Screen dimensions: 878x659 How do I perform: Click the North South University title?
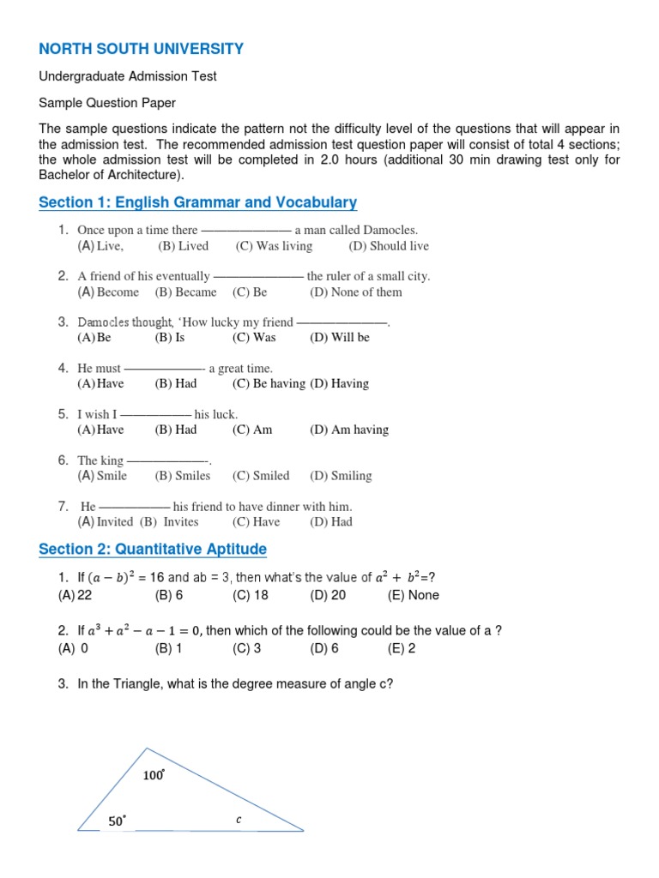pyautogui.click(x=142, y=49)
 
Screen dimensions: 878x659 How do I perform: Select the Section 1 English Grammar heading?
pyautogui.click(x=198, y=202)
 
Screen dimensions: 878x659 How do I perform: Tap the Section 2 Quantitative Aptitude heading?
pyautogui.click(x=153, y=549)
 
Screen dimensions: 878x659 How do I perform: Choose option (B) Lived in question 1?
pyautogui.click(x=183, y=246)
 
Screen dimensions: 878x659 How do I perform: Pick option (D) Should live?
pyautogui.click(x=389, y=246)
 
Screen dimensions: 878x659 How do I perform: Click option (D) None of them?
pyautogui.click(x=355, y=292)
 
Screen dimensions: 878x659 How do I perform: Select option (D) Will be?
pyautogui.click(x=340, y=338)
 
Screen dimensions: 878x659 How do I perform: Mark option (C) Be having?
pyautogui.click(x=269, y=384)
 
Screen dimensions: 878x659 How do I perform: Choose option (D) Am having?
pyautogui.click(x=349, y=430)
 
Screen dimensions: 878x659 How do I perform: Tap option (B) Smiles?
pyautogui.click(x=182, y=476)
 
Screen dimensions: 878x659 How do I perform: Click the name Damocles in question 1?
pyautogui.click(x=390, y=230)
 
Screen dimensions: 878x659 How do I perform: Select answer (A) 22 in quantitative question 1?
pyautogui.click(x=75, y=595)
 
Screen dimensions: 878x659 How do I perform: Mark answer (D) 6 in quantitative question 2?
pyautogui.click(x=324, y=648)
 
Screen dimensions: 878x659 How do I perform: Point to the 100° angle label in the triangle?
pyautogui.click(x=154, y=776)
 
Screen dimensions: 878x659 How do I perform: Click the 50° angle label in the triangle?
pyautogui.click(x=117, y=821)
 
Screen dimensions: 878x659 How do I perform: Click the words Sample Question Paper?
pyautogui.click(x=107, y=103)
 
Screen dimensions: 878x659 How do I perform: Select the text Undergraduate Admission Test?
pyautogui.click(x=128, y=76)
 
